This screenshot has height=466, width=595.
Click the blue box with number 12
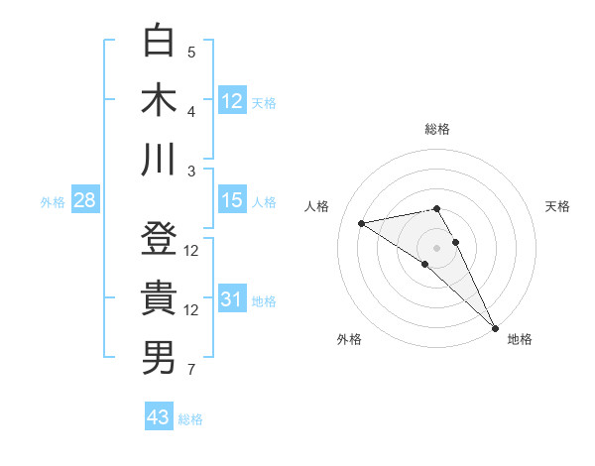[x=232, y=100]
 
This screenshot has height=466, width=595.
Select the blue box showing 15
[x=232, y=201]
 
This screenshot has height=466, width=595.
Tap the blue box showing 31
[x=232, y=300]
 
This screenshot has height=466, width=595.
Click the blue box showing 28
[x=84, y=201]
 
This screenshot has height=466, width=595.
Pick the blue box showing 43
[x=159, y=417]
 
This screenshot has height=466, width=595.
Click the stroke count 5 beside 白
[x=191, y=52]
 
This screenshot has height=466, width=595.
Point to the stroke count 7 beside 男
[x=191, y=371]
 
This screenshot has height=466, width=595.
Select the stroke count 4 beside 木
[x=191, y=111]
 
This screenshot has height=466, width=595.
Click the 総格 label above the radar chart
[x=437, y=129]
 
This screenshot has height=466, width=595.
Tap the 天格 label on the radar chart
[x=557, y=206]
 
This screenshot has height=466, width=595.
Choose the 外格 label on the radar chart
[x=349, y=340]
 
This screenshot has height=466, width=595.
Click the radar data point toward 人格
[x=361, y=223]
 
